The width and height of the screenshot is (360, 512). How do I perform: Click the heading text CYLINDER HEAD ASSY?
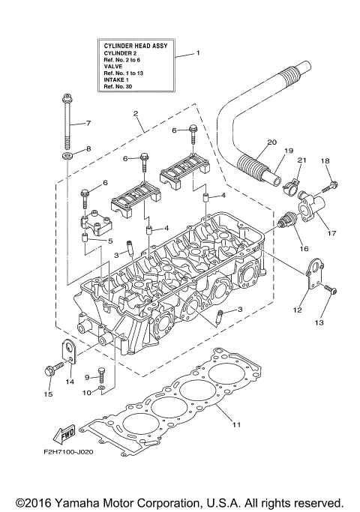coord(136,46)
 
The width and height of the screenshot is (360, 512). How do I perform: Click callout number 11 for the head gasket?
coord(235,425)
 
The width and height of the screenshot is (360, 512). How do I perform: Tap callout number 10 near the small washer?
coord(86,392)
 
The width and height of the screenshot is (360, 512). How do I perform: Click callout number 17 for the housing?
coord(331,232)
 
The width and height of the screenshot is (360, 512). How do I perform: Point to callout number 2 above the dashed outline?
coord(136,114)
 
